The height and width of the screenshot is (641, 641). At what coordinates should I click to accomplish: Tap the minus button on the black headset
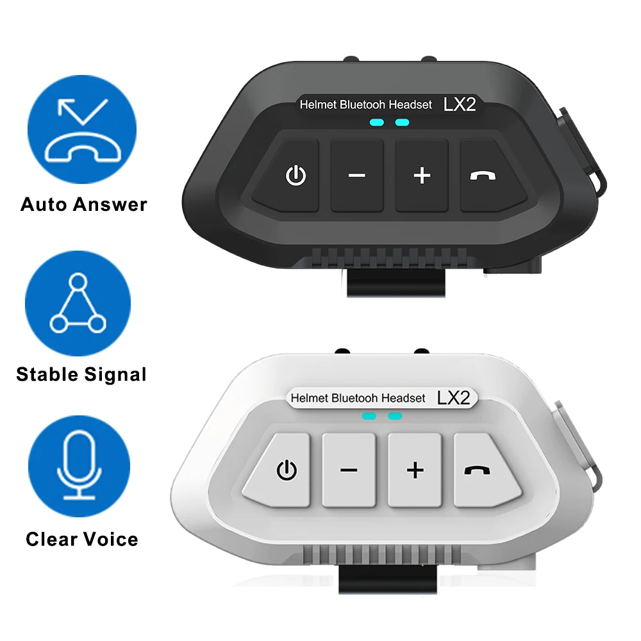pyautogui.click(x=357, y=175)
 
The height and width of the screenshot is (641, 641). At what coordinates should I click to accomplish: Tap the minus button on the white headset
pyautogui.click(x=349, y=470)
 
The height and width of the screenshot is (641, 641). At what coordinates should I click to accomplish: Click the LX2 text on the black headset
pyautogui.click(x=460, y=104)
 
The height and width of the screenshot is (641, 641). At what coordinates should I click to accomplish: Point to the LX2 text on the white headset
pyautogui.click(x=453, y=397)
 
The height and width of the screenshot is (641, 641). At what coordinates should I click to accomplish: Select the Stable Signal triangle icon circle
pyautogui.click(x=78, y=303)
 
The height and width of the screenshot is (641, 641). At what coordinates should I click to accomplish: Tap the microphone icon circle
pyautogui.click(x=79, y=465)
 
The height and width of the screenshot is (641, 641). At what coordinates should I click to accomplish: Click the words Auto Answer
pyautogui.click(x=84, y=204)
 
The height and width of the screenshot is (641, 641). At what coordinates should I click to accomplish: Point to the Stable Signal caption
pyautogui.click(x=81, y=374)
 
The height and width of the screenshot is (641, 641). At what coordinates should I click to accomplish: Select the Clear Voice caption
pyautogui.click(x=82, y=539)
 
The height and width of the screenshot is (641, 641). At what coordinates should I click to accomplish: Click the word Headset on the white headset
pyautogui.click(x=403, y=398)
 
